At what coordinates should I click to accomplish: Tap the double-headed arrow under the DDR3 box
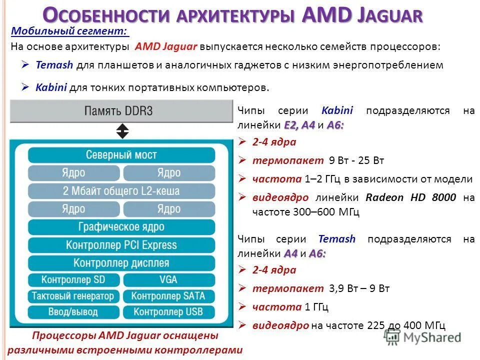122,131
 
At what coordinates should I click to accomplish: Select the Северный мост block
121,155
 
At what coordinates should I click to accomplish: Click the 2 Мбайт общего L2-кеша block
121,190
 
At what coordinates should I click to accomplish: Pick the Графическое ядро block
121,227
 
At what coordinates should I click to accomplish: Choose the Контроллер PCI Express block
121,245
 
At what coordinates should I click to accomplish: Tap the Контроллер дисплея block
121,263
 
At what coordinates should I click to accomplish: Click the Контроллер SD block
73,279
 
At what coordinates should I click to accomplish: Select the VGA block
168,279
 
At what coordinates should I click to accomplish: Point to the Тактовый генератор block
73,296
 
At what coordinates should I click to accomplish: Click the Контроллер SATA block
168,296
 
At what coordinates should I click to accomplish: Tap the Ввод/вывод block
73,312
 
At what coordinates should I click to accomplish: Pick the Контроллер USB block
168,312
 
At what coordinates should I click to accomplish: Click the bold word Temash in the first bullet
54,65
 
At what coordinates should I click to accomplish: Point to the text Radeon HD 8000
411,197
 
